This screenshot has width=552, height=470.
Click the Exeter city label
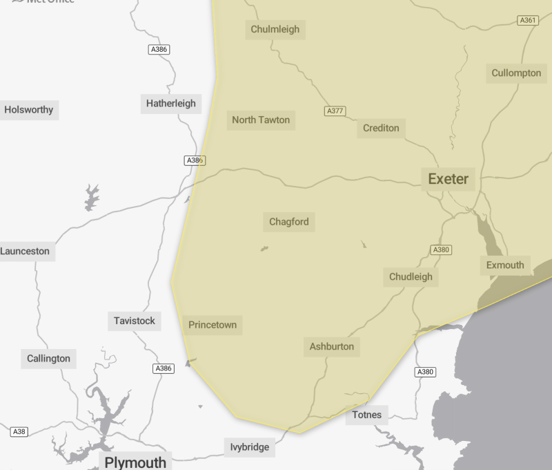tap(448, 179)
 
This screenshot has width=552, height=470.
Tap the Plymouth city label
tap(135, 462)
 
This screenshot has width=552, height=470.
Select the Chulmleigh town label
tap(275, 29)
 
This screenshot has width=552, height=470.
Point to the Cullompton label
tap(516, 73)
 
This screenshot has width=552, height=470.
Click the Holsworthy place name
tap(28, 110)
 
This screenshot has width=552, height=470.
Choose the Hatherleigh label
tap(170, 104)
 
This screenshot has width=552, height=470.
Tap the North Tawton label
tap(261, 120)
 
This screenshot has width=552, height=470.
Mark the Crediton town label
tap(381, 129)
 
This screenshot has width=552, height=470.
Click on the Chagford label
tap(288, 223)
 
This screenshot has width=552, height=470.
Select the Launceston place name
tap(26, 252)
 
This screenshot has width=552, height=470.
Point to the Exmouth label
tap(505, 265)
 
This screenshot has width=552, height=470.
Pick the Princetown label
tap(213, 325)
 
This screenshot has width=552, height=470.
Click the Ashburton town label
tap(331, 347)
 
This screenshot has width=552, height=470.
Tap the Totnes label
tap(366, 415)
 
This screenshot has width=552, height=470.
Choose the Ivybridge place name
tap(249, 448)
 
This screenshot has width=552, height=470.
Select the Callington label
tap(48, 359)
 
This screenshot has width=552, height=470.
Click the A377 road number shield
tap(335, 111)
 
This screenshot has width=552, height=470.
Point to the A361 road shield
tap(528, 21)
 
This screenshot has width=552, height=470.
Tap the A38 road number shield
tap(19, 432)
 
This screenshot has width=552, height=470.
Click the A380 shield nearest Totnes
tap(425, 373)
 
